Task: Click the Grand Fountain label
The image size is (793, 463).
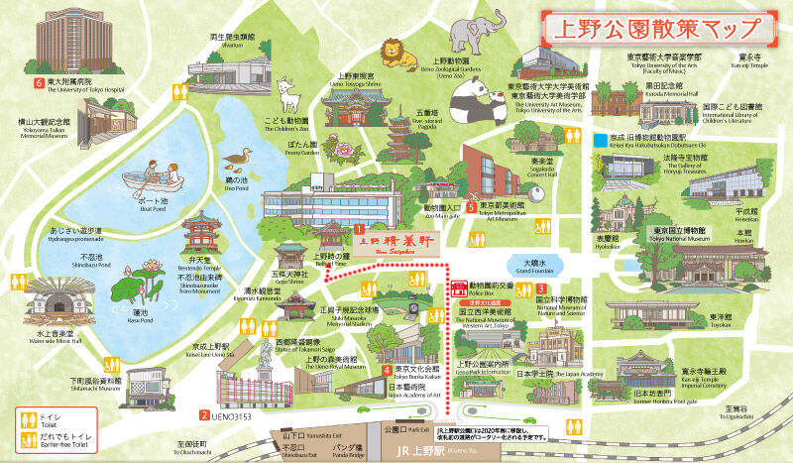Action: tap(538, 266)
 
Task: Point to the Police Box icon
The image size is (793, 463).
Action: tap(459, 289)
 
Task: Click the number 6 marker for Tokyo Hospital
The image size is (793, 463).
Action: tap(38, 82)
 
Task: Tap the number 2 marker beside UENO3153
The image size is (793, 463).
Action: tap(203, 415)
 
